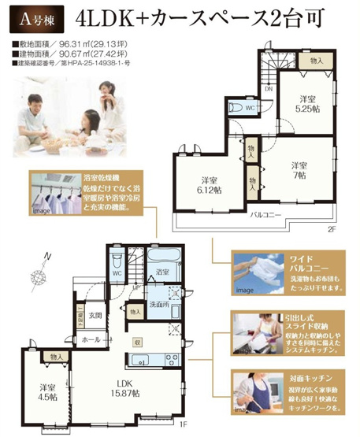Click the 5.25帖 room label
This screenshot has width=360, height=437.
307,109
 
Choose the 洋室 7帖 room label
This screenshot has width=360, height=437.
297,170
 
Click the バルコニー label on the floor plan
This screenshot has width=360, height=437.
268,214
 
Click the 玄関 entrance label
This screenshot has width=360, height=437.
95,316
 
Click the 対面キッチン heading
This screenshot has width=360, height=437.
293,378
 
